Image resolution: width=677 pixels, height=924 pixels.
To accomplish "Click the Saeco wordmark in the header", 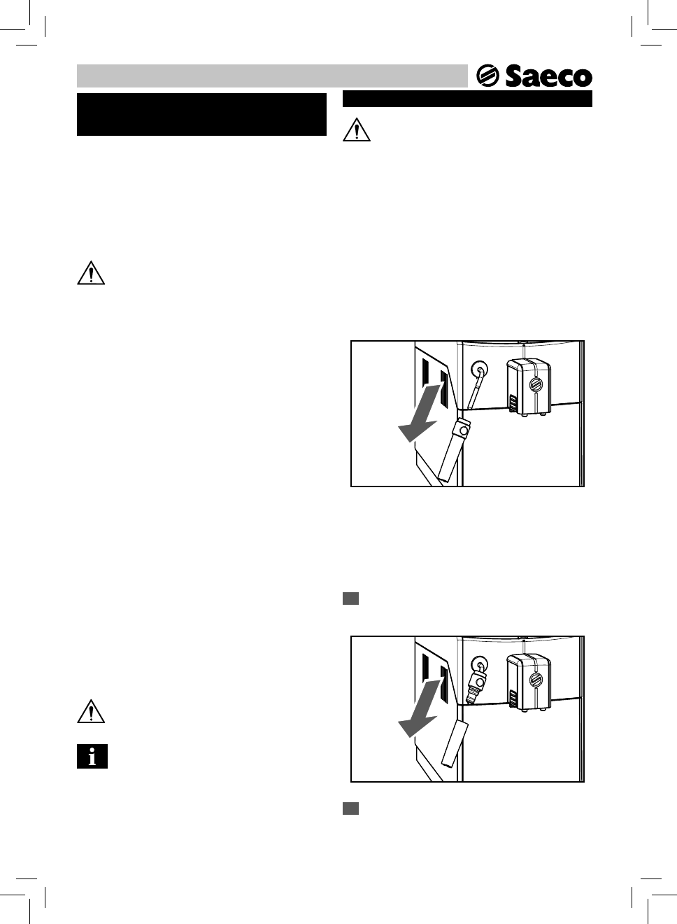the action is point(548,76).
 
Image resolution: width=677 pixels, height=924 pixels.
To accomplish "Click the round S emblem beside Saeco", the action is point(487,76).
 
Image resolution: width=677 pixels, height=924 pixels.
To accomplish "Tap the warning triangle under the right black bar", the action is point(356,129).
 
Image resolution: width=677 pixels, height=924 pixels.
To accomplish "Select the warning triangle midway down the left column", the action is point(90,273).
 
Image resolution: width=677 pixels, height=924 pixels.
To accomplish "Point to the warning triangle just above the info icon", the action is point(90,712).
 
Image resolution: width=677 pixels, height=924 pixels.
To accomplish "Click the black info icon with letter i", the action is point(92,757).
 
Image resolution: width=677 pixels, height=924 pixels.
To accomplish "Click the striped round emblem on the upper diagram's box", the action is point(536,385).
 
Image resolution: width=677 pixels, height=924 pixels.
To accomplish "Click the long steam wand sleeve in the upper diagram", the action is point(452,451).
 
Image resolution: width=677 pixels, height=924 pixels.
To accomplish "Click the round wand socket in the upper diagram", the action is point(479,368).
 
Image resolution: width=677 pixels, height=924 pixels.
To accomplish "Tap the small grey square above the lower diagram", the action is point(350,598).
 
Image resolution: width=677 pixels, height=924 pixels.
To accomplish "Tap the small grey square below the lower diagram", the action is point(350,808).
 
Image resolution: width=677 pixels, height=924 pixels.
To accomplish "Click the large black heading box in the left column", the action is point(201,114).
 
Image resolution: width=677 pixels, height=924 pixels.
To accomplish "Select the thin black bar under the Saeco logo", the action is point(467,99).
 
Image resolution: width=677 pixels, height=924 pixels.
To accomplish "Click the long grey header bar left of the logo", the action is point(271,76).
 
